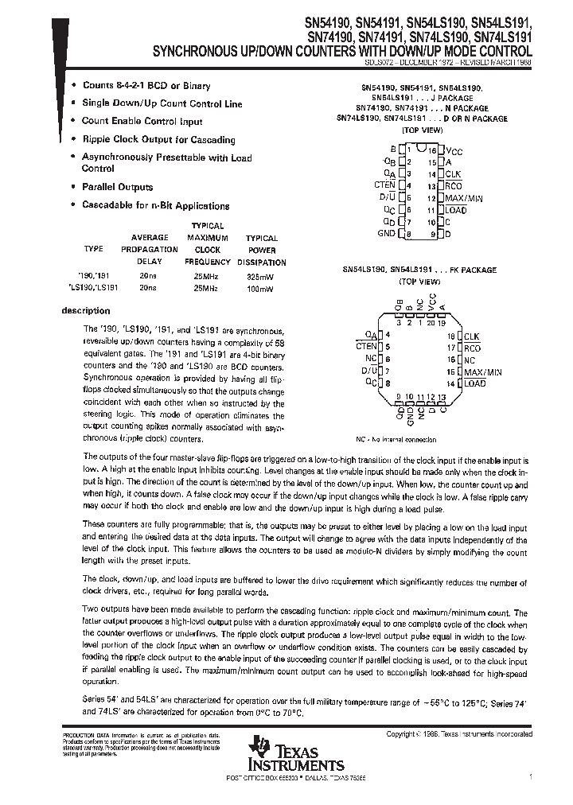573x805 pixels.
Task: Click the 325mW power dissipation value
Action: (x=261, y=274)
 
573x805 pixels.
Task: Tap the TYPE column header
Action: (x=93, y=249)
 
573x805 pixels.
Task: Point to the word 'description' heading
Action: (x=86, y=311)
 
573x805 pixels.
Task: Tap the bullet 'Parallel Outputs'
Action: (x=117, y=188)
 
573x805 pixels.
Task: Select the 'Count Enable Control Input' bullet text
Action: (x=142, y=122)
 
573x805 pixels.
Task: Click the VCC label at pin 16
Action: (x=454, y=150)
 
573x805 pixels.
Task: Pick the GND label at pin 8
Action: (x=385, y=234)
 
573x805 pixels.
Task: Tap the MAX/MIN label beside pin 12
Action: (x=465, y=197)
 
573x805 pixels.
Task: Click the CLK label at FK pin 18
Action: (x=471, y=336)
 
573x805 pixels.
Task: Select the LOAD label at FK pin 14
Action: (x=474, y=383)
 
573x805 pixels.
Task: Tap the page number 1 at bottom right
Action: (x=531, y=774)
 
